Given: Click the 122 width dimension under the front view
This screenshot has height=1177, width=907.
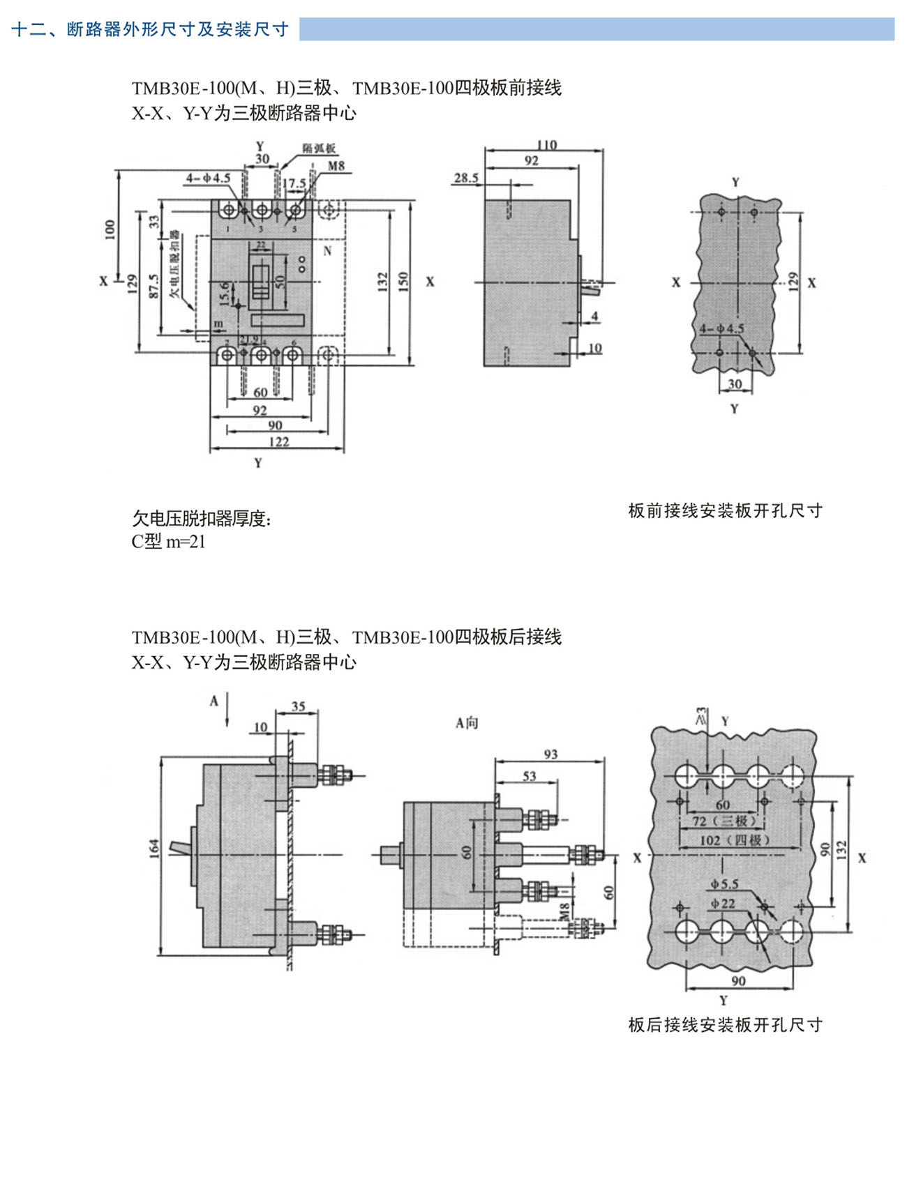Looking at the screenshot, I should pyautogui.click(x=278, y=441).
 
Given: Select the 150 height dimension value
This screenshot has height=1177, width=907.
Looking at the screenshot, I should pyautogui.click(x=403, y=281).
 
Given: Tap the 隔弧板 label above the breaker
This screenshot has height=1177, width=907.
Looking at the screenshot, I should pyautogui.click(x=320, y=148).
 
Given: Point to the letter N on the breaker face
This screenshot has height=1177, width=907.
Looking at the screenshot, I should pyautogui.click(x=327, y=251).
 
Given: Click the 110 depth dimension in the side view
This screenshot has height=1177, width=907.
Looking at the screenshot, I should pyautogui.click(x=546, y=145).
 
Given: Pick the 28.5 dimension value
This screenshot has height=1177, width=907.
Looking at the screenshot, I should pyautogui.click(x=466, y=178).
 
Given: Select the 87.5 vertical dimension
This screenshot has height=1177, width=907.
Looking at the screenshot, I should pyautogui.click(x=154, y=285).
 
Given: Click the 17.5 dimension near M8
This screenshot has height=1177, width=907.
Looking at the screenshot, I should pyautogui.click(x=294, y=183).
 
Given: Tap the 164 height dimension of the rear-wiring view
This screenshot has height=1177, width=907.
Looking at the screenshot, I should pyautogui.click(x=155, y=848).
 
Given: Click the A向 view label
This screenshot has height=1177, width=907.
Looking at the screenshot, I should pyautogui.click(x=467, y=723).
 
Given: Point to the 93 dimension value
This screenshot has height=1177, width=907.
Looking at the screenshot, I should pyautogui.click(x=550, y=754).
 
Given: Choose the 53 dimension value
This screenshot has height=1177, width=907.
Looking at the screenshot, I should pyautogui.click(x=530, y=776).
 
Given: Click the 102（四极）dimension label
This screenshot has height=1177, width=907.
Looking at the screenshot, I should pyautogui.click(x=734, y=840).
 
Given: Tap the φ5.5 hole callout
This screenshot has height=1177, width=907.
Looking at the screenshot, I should pyautogui.click(x=724, y=884).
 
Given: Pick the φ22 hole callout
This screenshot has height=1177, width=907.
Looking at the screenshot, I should pyautogui.click(x=723, y=903).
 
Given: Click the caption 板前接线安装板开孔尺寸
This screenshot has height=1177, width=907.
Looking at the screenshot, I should pyautogui.click(x=725, y=511).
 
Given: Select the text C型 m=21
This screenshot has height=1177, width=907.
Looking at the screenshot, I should pyautogui.click(x=168, y=542).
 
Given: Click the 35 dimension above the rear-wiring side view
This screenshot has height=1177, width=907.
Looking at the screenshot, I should pyautogui.click(x=298, y=706).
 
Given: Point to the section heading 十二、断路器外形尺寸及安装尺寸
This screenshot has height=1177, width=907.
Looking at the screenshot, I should pyautogui.click(x=150, y=29).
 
